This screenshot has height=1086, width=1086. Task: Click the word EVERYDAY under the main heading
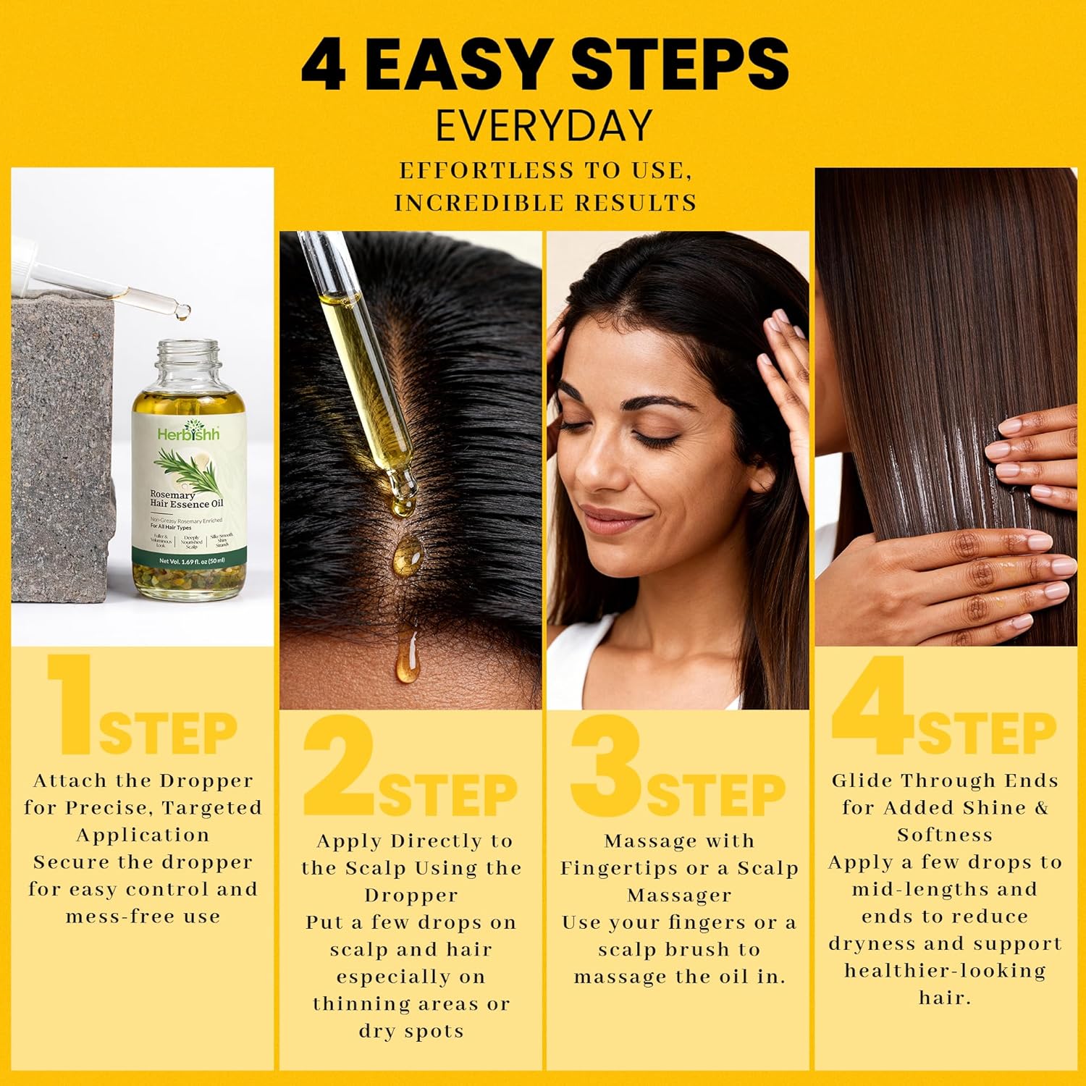click(544, 126)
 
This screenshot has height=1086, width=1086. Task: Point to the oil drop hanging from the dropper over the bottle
click(183, 313)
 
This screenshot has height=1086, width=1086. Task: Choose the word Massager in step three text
click(679, 896)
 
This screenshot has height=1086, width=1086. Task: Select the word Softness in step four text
click(945, 835)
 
